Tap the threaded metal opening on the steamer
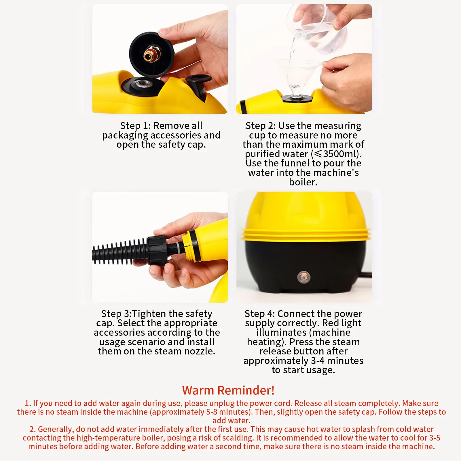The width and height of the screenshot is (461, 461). coord(143,84)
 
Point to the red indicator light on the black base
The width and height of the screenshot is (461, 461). coord(303,277)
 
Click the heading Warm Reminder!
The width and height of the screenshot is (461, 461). coord(228,390)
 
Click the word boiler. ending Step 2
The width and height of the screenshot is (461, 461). coord(303,182)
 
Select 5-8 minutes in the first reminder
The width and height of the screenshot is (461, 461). coord(226,412)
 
